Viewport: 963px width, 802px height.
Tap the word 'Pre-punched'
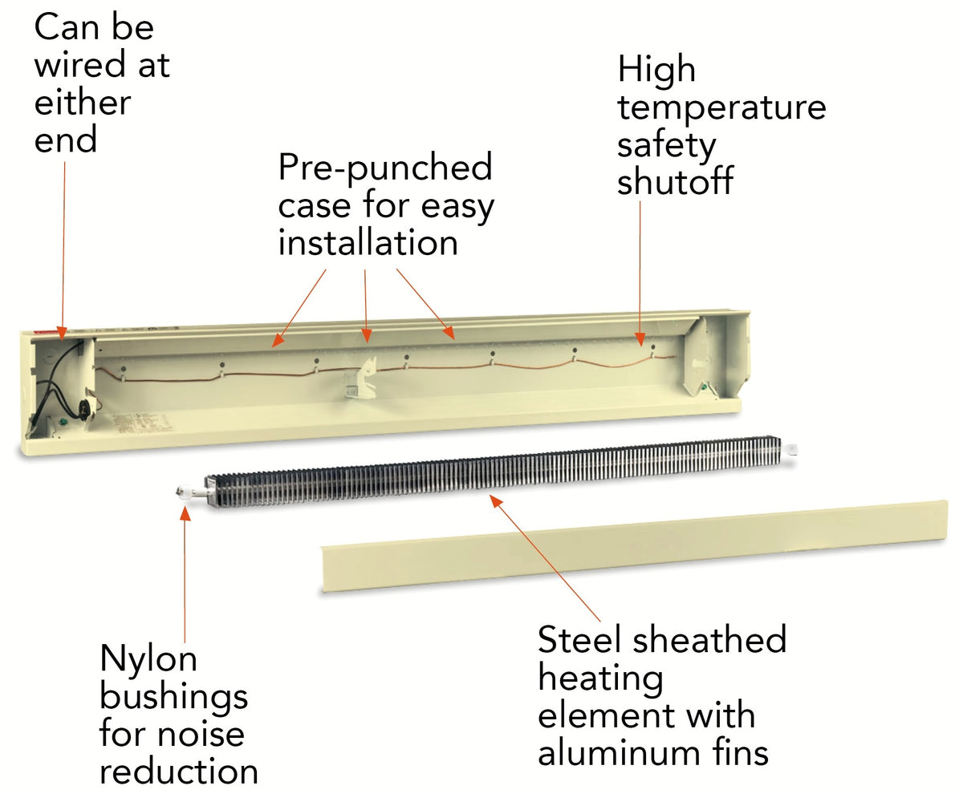pyautogui.click(x=384, y=168)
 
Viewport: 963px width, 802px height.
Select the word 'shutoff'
pyautogui.click(x=674, y=182)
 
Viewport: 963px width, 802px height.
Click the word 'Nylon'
pyautogui.click(x=148, y=659)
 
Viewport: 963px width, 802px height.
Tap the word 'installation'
pyautogui.click(x=368, y=242)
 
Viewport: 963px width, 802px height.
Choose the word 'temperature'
pyautogui.click(x=721, y=107)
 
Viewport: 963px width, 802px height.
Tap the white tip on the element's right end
pyautogui.click(x=794, y=451)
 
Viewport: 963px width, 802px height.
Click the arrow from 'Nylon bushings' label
pyautogui.click(x=185, y=577)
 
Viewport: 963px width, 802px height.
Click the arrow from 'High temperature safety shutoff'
pyautogui.click(x=640, y=273)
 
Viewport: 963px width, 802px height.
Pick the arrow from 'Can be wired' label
pyautogui.click(x=63, y=241)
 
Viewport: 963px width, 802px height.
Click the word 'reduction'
pyautogui.click(x=178, y=772)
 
